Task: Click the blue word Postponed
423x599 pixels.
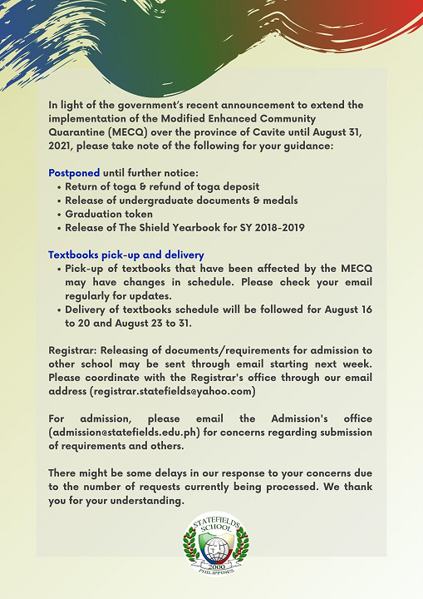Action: [74, 173]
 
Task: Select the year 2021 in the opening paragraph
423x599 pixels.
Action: [65, 146]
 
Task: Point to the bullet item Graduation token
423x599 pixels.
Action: [108, 214]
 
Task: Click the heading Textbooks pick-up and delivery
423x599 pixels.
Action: [125, 255]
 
